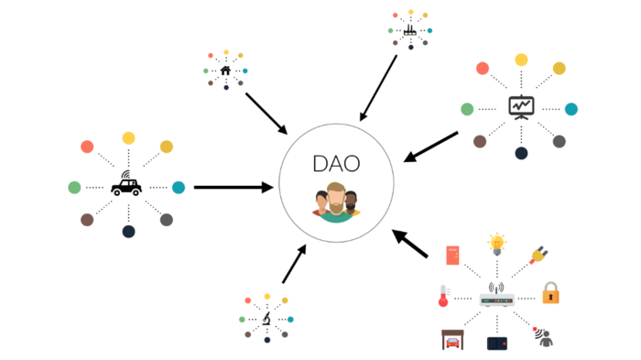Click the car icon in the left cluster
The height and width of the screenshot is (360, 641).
point(126,186)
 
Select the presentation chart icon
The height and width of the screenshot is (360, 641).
point(521,107)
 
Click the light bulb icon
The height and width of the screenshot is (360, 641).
point(497,245)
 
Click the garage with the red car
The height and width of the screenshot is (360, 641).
point(452,340)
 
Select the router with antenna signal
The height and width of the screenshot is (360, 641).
point(496,297)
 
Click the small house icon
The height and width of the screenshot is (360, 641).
point(226,70)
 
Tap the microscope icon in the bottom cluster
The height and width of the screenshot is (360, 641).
point(266,319)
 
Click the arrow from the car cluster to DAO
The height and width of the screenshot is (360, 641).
point(234,187)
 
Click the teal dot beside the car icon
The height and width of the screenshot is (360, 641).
point(179,187)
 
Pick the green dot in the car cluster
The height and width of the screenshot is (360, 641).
point(74,187)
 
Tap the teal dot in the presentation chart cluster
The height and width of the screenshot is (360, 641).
point(571,109)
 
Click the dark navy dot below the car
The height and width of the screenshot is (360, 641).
point(128,232)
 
